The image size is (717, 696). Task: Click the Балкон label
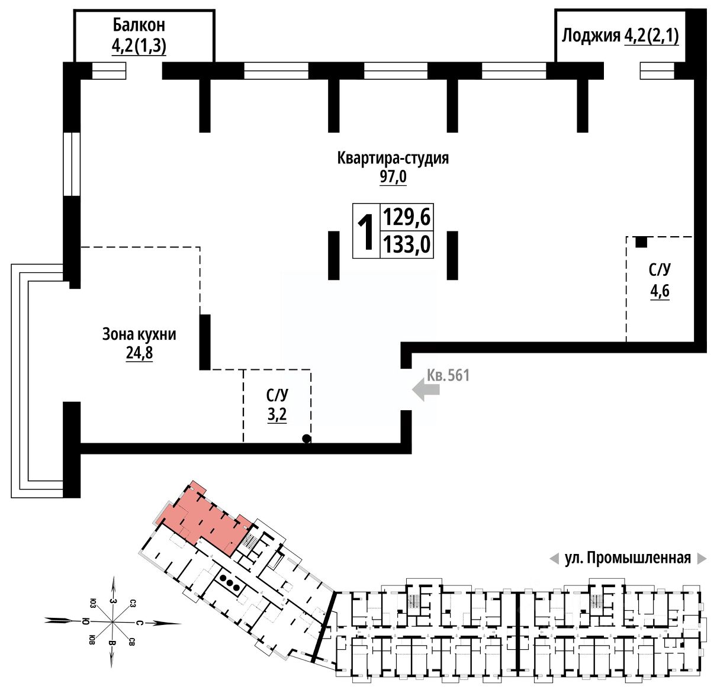[x=139, y=25]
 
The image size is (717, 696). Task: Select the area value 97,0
[x=393, y=177]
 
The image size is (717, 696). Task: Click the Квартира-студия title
[x=393, y=159]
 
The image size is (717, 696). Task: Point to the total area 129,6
[x=407, y=217]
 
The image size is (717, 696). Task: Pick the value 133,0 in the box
[x=407, y=244]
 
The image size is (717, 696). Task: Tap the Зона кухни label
[x=139, y=334]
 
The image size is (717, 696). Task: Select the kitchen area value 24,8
[x=139, y=353]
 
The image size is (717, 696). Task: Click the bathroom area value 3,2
[x=277, y=415]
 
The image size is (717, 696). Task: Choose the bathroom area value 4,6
[x=660, y=291]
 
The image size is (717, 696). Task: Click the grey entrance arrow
[x=426, y=390]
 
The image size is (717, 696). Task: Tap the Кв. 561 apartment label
[x=448, y=375]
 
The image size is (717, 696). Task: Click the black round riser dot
[x=306, y=439]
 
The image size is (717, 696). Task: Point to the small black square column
[x=641, y=242]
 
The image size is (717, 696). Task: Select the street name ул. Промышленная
[x=628, y=559]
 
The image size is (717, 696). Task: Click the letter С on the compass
[x=139, y=623]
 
